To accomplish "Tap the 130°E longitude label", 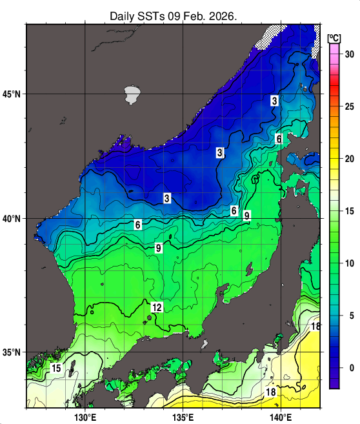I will (85, 416).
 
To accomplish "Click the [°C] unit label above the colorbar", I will (334, 37).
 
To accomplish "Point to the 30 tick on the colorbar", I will (349, 54).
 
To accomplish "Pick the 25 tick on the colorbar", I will (349, 106).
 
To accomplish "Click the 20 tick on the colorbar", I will (349, 159).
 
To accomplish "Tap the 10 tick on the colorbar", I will (349, 263).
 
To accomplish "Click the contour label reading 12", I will (156, 308).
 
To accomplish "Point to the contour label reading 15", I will (56, 368).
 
